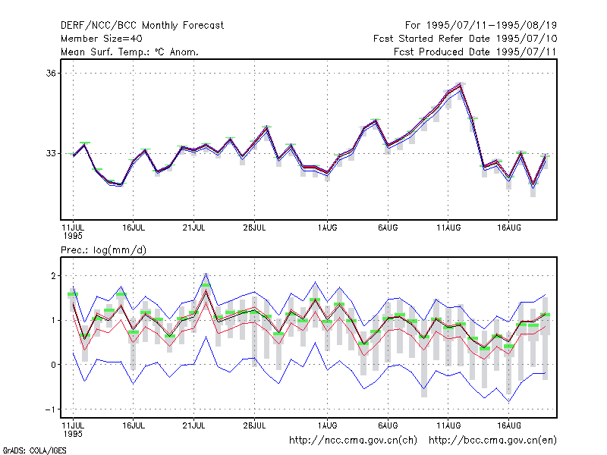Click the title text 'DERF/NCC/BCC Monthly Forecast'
(142, 26)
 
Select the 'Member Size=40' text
(102, 39)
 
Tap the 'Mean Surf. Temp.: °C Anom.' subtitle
(130, 52)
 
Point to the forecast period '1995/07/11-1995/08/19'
(492, 26)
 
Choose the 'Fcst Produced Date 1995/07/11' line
(475, 52)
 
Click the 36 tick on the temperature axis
(51, 73)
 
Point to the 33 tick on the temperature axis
(51, 154)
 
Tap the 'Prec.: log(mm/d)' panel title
(103, 250)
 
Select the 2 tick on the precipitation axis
(53, 276)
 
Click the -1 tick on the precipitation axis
(50, 409)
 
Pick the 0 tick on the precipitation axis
(53, 365)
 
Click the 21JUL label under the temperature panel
(193, 228)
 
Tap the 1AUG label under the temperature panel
(327, 228)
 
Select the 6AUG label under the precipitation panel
(388, 425)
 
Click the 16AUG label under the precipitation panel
(508, 425)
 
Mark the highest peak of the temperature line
(461, 84)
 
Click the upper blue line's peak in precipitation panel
(206, 274)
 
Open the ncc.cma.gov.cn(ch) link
(353, 441)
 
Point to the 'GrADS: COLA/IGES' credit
(34, 450)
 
